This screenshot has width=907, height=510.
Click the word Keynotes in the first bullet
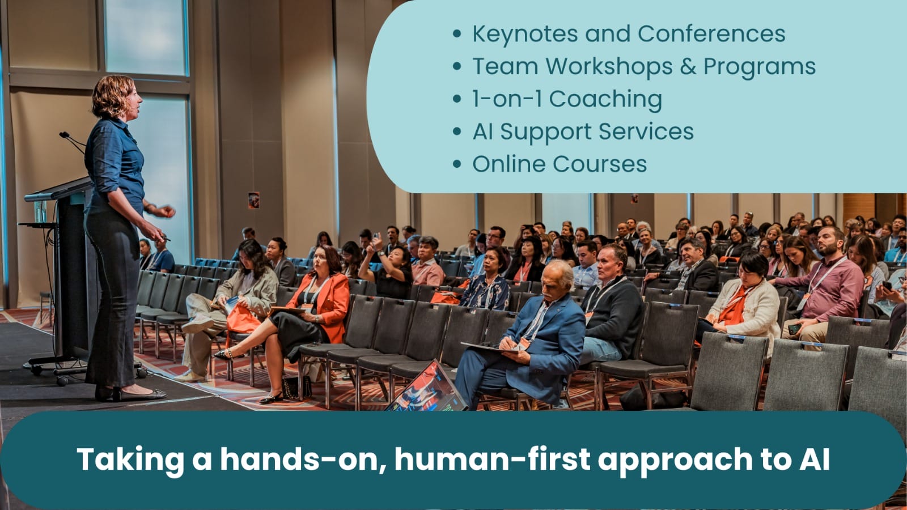coord(525,33)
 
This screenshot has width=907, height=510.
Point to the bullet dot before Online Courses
coord(457,164)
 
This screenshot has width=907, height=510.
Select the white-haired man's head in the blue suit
coord(556,281)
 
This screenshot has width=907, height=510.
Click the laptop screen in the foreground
coord(427,389)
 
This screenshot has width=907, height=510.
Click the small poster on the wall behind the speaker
coord(253,201)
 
